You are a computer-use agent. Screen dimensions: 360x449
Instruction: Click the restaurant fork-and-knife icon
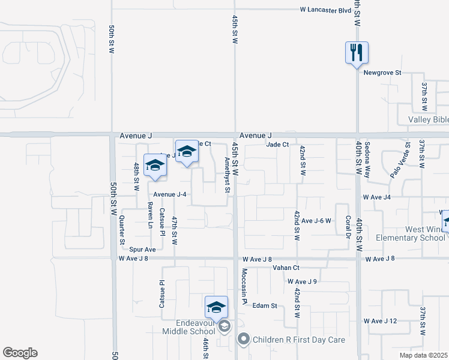click(357, 52)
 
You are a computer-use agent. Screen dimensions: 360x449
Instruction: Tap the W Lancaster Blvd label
click(326, 10)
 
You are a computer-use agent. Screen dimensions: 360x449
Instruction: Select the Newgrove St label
click(382, 73)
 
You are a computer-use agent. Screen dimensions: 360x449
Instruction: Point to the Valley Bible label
click(428, 119)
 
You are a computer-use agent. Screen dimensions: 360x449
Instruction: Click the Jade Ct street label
click(278, 145)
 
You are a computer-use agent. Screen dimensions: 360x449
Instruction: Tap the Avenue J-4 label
click(170, 194)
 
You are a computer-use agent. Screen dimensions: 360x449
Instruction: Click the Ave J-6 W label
click(316, 221)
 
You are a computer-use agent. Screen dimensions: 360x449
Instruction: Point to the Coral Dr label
click(347, 227)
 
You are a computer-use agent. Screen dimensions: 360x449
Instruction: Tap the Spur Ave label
click(142, 249)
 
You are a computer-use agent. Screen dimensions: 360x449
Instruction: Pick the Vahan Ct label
click(286, 268)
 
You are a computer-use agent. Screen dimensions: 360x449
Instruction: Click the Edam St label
click(265, 305)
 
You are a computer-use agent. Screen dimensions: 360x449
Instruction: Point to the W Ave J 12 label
click(381, 321)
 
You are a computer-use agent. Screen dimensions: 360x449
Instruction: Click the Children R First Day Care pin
click(243, 340)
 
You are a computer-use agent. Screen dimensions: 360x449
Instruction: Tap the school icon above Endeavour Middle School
click(216, 307)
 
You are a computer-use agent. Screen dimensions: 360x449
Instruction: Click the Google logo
click(20, 353)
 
